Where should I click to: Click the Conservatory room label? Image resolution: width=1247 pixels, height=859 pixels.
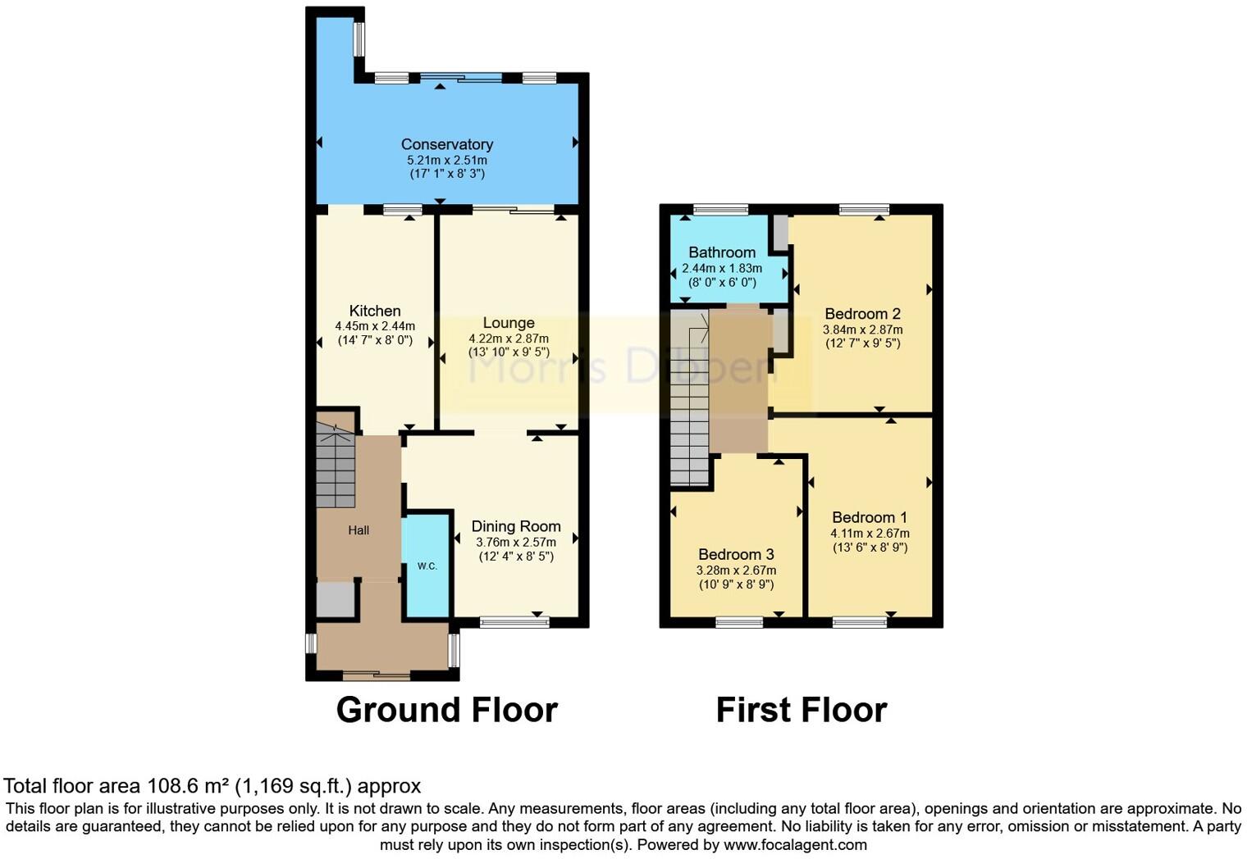pos(446,144)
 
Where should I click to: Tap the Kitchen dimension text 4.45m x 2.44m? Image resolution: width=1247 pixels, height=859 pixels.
pos(375,326)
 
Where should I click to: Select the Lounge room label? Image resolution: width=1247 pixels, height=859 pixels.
pos(509,323)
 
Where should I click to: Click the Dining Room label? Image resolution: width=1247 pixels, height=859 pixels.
pos(516,526)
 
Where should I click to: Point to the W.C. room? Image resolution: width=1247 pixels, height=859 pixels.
pos(427,565)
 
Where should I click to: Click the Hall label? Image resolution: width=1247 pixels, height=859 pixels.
pos(359,530)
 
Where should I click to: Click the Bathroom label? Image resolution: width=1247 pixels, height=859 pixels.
pos(722,252)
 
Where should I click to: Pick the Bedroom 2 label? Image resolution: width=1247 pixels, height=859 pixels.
pos(862,314)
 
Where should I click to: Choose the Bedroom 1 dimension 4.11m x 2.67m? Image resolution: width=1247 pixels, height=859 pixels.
pos(870,533)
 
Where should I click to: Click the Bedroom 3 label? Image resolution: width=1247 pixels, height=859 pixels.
pos(736,555)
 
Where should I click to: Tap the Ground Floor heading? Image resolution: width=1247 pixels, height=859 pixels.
pos(446,710)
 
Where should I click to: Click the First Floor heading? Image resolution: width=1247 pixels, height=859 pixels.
pos(802,710)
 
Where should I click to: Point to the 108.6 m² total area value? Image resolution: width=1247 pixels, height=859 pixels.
pos(188,786)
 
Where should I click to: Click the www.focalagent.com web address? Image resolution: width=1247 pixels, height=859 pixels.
pos(795,844)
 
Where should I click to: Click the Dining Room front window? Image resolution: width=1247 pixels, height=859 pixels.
pos(514,623)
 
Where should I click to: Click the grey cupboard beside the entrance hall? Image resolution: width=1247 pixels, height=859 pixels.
pos(336,600)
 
